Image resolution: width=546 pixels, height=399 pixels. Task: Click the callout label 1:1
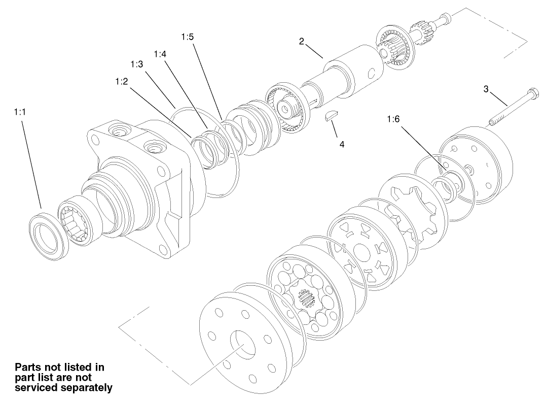click(x=20, y=112)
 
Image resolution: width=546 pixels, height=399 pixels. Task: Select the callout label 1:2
click(x=121, y=81)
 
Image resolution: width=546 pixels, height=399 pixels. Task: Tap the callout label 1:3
click(x=136, y=64)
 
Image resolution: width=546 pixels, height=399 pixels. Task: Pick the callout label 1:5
click(x=187, y=37)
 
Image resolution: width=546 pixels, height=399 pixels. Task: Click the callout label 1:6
click(x=393, y=119)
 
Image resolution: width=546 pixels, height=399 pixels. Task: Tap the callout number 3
click(x=486, y=89)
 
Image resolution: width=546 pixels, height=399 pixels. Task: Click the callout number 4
click(x=342, y=144)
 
